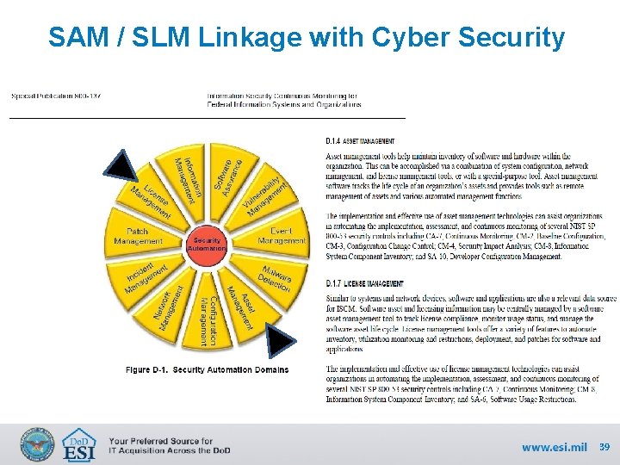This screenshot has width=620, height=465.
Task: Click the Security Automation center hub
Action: (x=207, y=244)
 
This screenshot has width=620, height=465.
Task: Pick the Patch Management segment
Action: (x=139, y=236)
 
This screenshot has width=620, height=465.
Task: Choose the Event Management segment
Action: (x=280, y=236)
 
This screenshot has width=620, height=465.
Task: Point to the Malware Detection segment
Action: (x=274, y=276)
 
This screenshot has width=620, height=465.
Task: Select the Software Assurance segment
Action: (x=226, y=175)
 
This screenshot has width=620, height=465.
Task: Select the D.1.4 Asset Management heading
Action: (x=360, y=140)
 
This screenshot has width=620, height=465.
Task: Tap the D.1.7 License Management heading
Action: (x=364, y=283)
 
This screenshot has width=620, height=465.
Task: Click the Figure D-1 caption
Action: (x=207, y=369)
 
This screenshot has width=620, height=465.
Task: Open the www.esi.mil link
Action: (x=554, y=447)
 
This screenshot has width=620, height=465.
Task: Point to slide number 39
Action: (x=604, y=447)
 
